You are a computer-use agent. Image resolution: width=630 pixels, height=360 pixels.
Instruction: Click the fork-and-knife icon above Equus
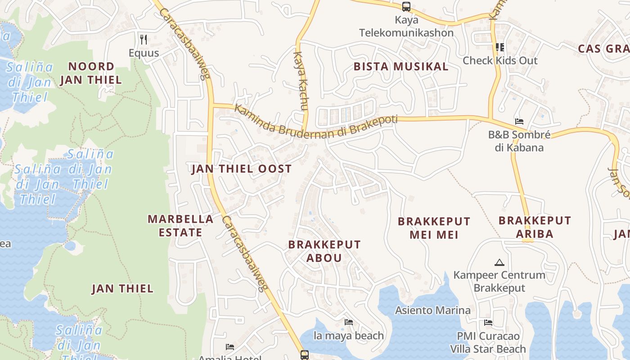click(x=144, y=40)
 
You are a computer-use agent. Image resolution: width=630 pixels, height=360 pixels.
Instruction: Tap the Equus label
click(x=144, y=53)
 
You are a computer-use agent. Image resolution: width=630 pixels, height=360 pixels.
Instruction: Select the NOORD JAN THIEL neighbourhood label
click(x=91, y=73)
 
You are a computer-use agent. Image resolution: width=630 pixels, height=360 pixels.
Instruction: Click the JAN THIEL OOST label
click(x=242, y=169)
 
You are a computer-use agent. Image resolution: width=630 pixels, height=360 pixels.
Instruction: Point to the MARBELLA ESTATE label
click(x=180, y=226)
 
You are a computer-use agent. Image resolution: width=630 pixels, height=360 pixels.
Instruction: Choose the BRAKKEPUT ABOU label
click(x=324, y=251)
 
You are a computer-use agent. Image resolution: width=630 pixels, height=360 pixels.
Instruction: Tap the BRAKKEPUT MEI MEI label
click(x=434, y=228)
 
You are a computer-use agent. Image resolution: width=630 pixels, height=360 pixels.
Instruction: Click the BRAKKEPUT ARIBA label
click(x=535, y=227)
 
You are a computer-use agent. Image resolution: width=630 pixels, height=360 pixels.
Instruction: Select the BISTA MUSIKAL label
click(x=401, y=67)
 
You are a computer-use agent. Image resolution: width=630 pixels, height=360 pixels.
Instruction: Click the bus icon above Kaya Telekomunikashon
click(x=406, y=7)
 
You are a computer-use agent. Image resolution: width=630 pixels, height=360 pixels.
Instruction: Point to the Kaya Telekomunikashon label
click(x=406, y=27)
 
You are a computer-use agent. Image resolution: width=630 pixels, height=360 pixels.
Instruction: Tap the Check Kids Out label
click(x=500, y=60)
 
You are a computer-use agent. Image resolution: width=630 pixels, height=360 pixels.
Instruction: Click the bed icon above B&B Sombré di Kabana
click(x=519, y=121)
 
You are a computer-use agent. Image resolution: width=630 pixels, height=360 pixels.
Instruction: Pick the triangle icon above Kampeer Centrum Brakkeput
click(x=499, y=262)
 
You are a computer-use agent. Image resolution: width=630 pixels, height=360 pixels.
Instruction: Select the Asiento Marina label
click(x=433, y=310)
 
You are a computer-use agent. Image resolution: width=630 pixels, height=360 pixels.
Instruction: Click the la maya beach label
click(x=349, y=336)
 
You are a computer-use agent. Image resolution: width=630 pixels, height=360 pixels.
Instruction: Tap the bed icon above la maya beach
click(x=349, y=322)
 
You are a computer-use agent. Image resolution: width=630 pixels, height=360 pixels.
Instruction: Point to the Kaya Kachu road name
click(x=300, y=81)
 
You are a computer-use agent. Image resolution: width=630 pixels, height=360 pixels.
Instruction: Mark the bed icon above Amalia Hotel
click(x=230, y=347)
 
